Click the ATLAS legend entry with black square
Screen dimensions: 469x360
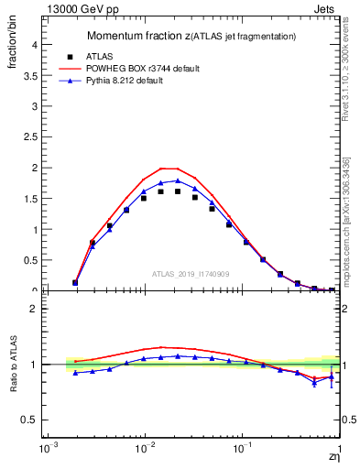pos(111,56)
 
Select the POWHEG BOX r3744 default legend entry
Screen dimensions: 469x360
pos(153,69)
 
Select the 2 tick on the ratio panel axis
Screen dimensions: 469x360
pos(33,309)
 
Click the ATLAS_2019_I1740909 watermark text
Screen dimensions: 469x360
pos(191,274)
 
